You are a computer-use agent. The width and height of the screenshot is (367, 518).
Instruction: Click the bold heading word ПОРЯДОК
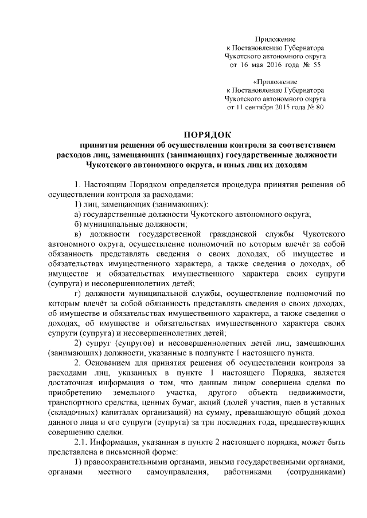click(x=206, y=136)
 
